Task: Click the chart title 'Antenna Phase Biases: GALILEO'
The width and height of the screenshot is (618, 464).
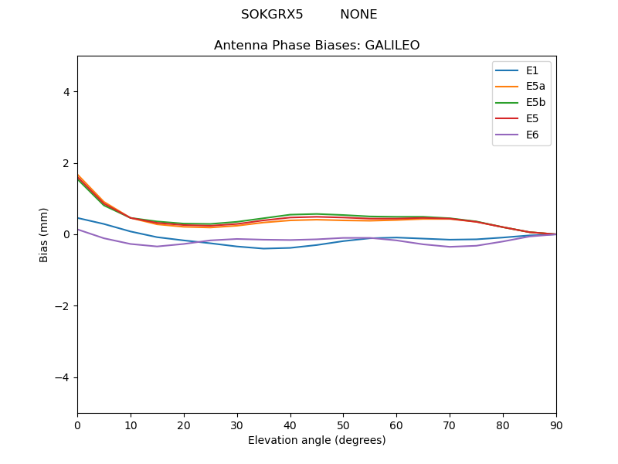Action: click(x=317, y=46)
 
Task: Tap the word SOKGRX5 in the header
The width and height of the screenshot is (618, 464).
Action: click(x=272, y=15)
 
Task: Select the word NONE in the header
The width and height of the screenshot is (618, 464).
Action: click(x=358, y=15)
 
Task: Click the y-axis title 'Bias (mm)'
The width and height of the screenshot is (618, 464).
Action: click(x=44, y=234)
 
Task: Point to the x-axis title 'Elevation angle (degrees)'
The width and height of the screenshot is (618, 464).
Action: click(x=317, y=441)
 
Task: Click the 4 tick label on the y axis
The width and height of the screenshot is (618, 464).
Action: click(x=66, y=92)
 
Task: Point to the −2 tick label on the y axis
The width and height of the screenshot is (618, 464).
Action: click(x=63, y=306)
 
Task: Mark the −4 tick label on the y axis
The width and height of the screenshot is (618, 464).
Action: click(x=63, y=377)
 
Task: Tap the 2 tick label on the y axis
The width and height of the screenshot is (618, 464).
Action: click(x=66, y=163)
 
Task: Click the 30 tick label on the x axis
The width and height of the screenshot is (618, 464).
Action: click(x=237, y=425)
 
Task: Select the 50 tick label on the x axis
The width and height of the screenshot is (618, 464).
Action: click(x=343, y=425)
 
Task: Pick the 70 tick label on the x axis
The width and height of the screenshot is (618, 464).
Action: click(x=450, y=425)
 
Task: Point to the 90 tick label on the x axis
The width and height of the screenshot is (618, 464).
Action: click(x=556, y=425)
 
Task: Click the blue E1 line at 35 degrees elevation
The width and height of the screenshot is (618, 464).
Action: click(x=263, y=248)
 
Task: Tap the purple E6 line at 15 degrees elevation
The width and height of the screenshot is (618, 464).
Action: click(x=157, y=247)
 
